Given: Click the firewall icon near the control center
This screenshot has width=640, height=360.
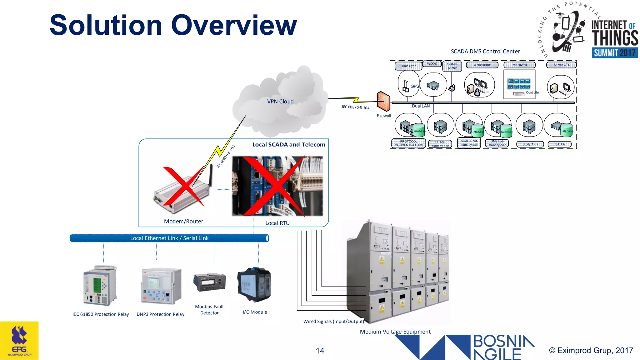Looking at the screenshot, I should [383, 101].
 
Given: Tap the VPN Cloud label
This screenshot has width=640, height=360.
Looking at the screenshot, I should [280, 102].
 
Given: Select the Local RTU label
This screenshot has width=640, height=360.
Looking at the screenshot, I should [277, 223].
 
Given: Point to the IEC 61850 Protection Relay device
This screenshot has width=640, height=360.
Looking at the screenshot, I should [100, 286].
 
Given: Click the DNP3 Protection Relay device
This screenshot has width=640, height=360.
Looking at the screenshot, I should [161, 286].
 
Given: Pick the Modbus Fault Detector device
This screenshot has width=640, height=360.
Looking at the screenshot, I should [209, 282].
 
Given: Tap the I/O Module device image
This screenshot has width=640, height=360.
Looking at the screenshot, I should [254, 284].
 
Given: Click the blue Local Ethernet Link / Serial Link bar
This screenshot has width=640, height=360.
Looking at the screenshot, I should [169, 238].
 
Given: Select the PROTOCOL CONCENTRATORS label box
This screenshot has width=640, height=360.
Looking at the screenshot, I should [408, 143].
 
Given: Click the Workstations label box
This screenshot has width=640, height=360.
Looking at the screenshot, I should [482, 65].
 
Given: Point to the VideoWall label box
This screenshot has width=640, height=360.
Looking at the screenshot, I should [519, 65].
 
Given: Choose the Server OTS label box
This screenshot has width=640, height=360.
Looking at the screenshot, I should [561, 65].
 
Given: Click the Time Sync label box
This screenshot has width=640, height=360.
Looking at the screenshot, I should [408, 66].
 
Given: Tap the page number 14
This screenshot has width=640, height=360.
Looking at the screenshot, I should [320, 351].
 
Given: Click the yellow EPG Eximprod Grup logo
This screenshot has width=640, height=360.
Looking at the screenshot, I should [19, 341].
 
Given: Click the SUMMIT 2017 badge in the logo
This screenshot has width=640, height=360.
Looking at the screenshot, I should [614, 53].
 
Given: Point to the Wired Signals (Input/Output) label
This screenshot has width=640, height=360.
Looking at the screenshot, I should [333, 321].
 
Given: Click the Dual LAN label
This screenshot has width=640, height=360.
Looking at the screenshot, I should [421, 106].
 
